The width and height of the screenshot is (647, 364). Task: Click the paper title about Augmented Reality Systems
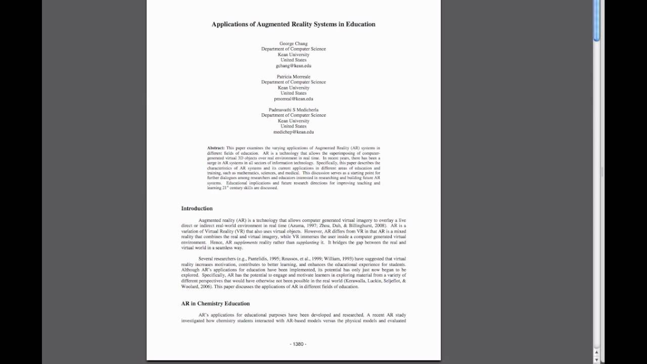[x=293, y=24]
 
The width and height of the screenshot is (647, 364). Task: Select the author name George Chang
[x=293, y=43]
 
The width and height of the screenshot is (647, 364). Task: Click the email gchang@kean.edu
[x=293, y=66]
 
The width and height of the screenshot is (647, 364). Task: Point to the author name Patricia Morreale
[x=293, y=77]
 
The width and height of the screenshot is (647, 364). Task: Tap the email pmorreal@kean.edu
[x=293, y=99]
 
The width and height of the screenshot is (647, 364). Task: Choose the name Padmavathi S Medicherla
[x=293, y=110]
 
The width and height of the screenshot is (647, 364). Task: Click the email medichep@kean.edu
[x=293, y=132]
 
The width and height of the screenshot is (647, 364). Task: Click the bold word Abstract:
[x=216, y=148]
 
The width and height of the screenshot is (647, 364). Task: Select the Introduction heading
[x=197, y=208]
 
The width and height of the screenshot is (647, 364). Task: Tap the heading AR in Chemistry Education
[x=215, y=303]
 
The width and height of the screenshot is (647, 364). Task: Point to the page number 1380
[x=298, y=344]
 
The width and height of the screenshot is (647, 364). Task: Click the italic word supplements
[x=246, y=243]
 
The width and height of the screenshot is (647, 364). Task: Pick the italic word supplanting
[x=307, y=243]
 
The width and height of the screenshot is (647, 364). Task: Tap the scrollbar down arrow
[x=596, y=359]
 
